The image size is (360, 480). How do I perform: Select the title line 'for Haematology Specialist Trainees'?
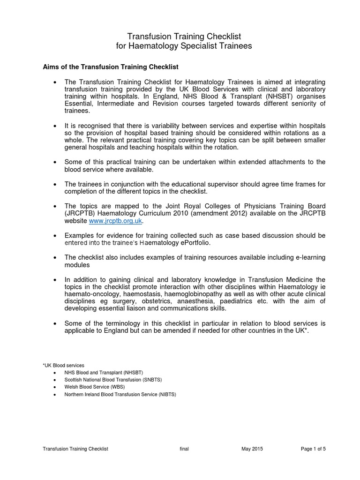[184, 46]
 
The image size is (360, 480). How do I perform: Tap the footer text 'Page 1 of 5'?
[313, 449]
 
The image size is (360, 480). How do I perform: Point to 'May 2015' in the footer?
[252, 449]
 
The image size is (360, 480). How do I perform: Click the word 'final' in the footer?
[184, 449]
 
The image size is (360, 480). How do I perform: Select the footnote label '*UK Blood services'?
[63, 365]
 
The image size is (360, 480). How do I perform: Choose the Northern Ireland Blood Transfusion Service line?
[120, 395]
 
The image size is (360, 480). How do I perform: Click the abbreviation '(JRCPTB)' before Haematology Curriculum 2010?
[81, 214]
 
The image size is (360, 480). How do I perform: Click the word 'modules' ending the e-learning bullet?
[77, 264]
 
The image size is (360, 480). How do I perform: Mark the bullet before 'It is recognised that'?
[56, 127]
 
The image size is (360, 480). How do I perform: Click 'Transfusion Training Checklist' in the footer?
[75, 449]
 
